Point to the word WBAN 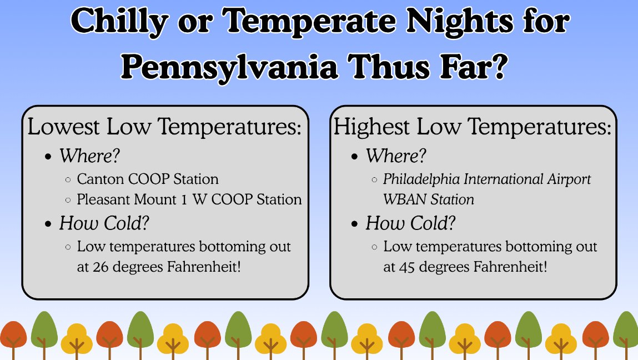tap(401, 199)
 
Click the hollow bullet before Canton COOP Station tap(68, 180)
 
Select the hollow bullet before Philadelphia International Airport tap(375, 180)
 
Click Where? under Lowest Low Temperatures tap(89, 156)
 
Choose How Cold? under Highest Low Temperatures tap(410, 223)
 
